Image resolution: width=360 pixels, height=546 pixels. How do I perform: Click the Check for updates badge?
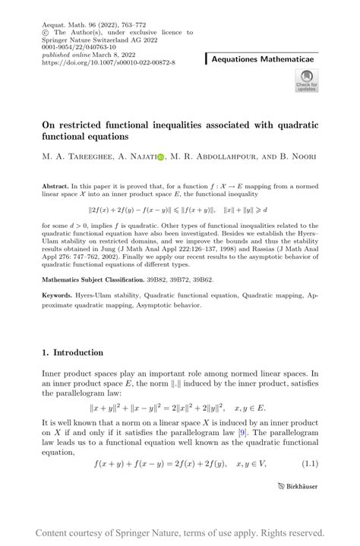pos(306,80)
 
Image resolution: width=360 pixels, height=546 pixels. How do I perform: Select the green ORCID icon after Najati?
pos(160,156)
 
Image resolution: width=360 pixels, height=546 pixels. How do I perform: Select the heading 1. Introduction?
pos(73,352)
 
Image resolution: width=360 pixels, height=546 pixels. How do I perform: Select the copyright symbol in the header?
pos(46,33)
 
